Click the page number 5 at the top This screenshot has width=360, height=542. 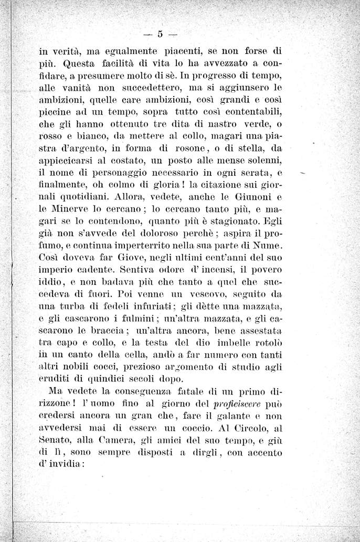pyautogui.click(x=160, y=35)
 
